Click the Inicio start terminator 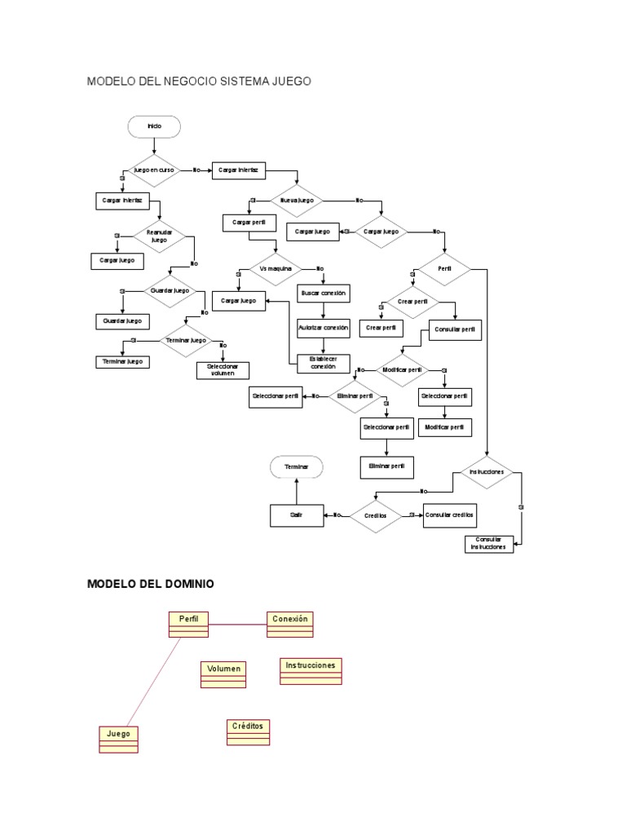pyautogui.click(x=154, y=126)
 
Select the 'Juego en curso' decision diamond pyautogui.click(x=154, y=170)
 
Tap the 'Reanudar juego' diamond pyautogui.click(x=159, y=236)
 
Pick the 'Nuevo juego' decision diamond pyautogui.click(x=297, y=200)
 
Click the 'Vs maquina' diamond pyautogui.click(x=275, y=268)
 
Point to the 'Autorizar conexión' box pyautogui.click(x=324, y=328)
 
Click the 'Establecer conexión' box pyautogui.click(x=324, y=363)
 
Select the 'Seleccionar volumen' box pyautogui.click(x=221, y=369)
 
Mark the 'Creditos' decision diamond pyautogui.click(x=375, y=515)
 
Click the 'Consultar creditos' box pyautogui.click(x=449, y=515)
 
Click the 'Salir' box pyautogui.click(x=296, y=515)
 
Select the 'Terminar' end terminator pyautogui.click(x=297, y=466)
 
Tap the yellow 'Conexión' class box pyautogui.click(x=290, y=624)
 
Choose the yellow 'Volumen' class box pyautogui.click(x=223, y=674)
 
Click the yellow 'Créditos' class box pyautogui.click(x=249, y=731)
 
